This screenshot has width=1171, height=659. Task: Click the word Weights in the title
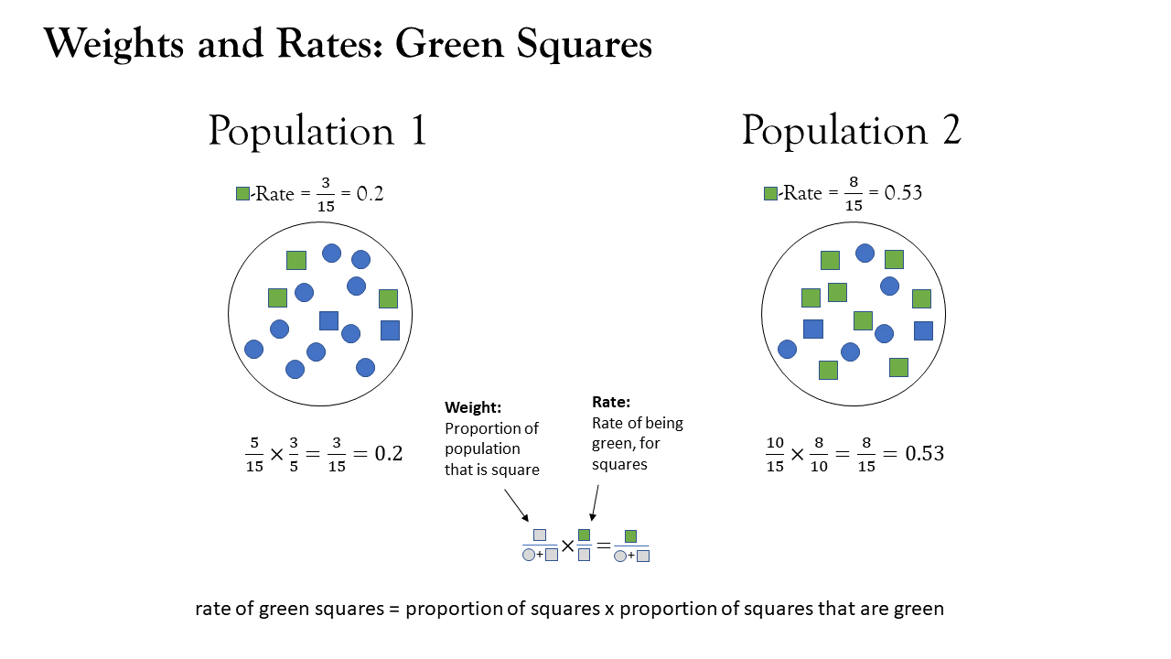click(x=113, y=44)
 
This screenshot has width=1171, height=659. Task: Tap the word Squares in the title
click(x=584, y=45)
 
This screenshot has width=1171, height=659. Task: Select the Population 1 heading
click(x=317, y=130)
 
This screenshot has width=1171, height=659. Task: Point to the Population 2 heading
click(x=852, y=130)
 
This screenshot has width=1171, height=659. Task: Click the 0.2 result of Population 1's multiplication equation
click(x=389, y=453)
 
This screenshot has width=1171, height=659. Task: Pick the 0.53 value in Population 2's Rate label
click(x=903, y=192)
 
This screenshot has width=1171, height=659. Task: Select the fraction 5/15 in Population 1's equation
click(x=254, y=455)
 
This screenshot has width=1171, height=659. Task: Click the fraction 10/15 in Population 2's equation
click(x=775, y=454)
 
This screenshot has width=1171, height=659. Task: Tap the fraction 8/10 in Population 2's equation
click(x=819, y=454)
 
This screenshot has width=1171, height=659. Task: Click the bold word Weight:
click(x=473, y=407)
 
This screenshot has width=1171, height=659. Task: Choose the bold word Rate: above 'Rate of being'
click(x=610, y=402)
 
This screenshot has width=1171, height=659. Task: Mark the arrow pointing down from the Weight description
click(x=517, y=505)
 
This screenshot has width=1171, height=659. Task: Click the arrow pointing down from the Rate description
click(x=595, y=502)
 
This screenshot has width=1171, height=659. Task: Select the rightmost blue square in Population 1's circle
click(x=390, y=330)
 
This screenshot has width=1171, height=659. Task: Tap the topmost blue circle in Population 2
click(x=865, y=254)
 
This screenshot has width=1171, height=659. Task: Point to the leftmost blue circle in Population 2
click(x=787, y=349)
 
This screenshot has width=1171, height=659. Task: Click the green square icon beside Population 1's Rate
click(x=242, y=193)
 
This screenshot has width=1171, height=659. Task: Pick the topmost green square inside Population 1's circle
click(x=295, y=260)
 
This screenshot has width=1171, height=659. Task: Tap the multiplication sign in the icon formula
click(x=567, y=546)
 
